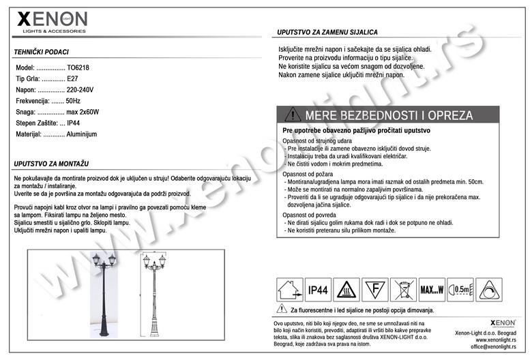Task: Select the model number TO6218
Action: pos(78,68)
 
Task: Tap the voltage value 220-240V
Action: pos(80,90)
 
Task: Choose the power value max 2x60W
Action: pos(83,112)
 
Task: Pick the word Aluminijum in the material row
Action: pos(83,134)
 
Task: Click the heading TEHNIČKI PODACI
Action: pos(42,52)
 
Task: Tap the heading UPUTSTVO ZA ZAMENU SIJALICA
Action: pos(327,33)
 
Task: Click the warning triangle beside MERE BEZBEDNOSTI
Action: pos(293,115)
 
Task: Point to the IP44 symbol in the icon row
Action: pos(319,290)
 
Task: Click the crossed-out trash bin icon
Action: pos(404,290)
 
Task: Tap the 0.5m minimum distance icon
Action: pos(462,290)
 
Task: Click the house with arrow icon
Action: pos(289,290)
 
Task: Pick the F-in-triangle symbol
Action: pos(375,290)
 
